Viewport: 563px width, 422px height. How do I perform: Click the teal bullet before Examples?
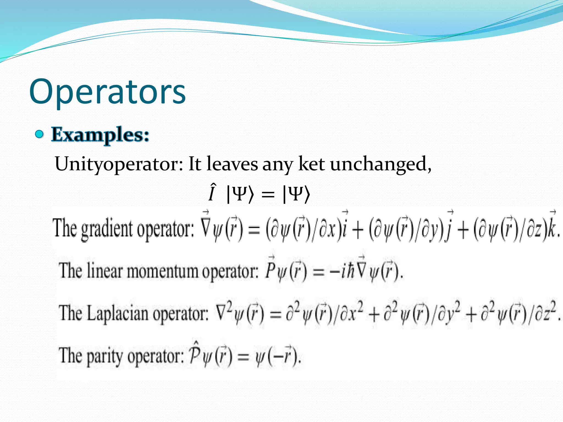(40, 134)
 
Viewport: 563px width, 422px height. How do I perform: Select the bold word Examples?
(100, 135)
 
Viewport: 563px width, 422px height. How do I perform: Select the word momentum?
(162, 271)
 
